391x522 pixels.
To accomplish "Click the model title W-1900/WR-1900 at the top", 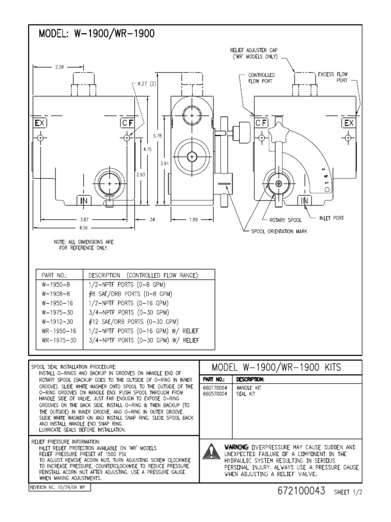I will click(97, 35).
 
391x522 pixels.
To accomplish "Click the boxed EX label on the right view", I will click(349, 123).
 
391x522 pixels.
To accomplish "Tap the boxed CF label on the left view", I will click(127, 123).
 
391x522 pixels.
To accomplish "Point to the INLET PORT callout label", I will click(331, 218).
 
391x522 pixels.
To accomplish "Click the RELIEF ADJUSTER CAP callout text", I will click(254, 53).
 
